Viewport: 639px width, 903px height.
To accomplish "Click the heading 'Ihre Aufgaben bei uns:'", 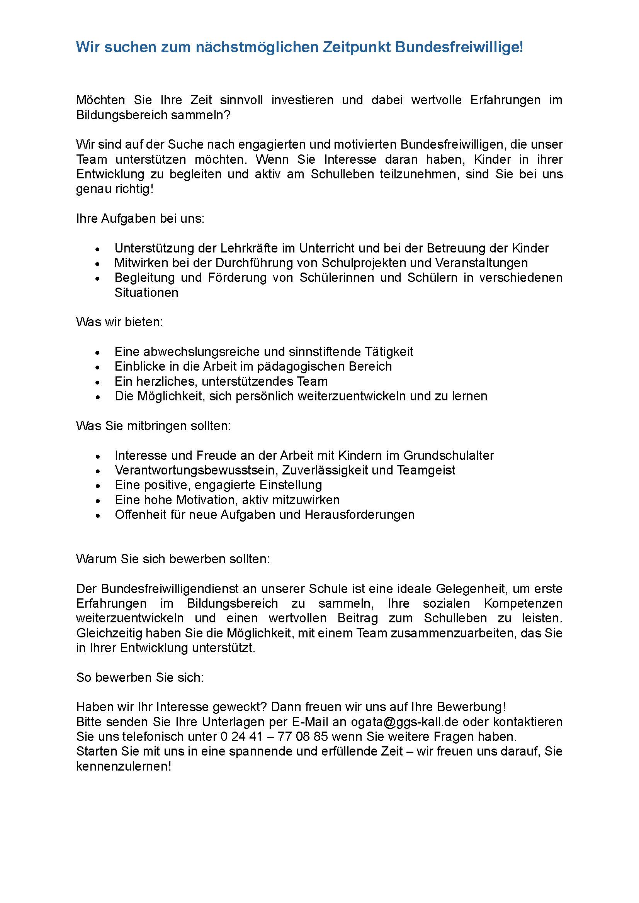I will tap(141, 219).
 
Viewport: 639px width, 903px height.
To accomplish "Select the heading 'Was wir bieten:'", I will tap(120, 322).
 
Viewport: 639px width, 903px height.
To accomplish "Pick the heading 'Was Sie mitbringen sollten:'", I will tap(153, 426).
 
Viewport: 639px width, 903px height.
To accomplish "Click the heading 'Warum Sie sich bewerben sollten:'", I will tap(173, 559).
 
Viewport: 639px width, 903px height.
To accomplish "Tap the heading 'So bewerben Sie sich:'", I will tap(140, 678).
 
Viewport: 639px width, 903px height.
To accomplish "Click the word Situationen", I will tap(146, 293).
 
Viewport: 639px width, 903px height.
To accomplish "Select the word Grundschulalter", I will tap(449, 456).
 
